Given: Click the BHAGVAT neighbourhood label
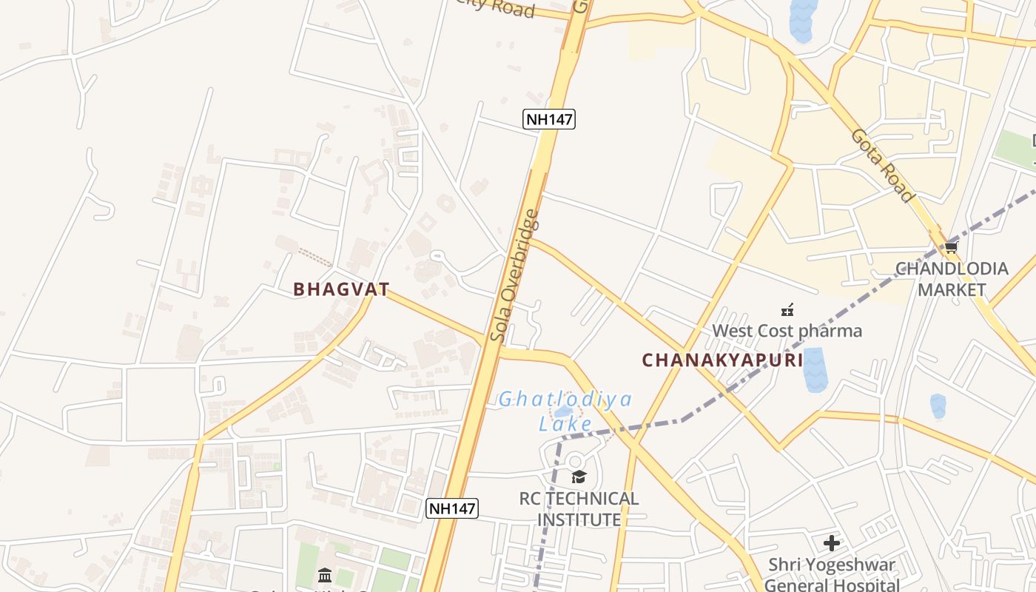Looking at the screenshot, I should click(x=341, y=289).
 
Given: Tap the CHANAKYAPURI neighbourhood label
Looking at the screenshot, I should click(x=722, y=360).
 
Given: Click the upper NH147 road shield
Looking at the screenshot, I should click(x=549, y=118).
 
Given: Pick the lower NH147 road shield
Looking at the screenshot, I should click(x=453, y=508).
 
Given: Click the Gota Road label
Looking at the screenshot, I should click(x=881, y=165).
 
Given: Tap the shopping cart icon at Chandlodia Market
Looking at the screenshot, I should click(x=951, y=247).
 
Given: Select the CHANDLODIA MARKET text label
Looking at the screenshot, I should click(x=952, y=279).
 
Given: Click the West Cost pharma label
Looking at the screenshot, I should click(x=787, y=330).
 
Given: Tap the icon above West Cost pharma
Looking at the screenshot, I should click(x=787, y=309).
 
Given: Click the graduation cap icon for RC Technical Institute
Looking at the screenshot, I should click(x=579, y=477).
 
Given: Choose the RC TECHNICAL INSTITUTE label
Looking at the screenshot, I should click(x=579, y=509).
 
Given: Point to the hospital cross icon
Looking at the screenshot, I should click(x=832, y=543).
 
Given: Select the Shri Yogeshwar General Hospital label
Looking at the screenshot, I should click(x=832, y=575).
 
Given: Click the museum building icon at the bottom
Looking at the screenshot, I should click(x=325, y=575).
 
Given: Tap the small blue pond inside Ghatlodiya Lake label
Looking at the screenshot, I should click(x=563, y=411).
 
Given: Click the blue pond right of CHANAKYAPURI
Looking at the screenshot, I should click(x=814, y=369).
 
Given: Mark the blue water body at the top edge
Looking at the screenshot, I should click(x=802, y=18).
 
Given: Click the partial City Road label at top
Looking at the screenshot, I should click(x=496, y=8).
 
